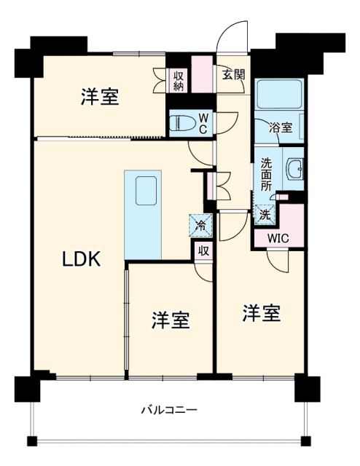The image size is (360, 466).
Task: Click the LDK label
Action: point(80,258)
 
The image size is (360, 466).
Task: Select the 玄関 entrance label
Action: point(232,74)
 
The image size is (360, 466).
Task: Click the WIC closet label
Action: point(277,237)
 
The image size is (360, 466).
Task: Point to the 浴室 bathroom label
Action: point(282,128)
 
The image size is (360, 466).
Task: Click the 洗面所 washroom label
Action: point(267,175)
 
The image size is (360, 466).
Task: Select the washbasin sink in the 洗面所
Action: point(294,169)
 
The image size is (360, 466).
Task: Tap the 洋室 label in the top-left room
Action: point(100,97)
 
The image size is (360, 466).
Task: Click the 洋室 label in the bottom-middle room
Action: point(171,320)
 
